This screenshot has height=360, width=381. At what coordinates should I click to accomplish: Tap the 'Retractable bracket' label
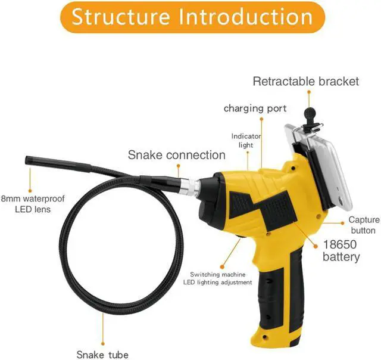coord(306,81)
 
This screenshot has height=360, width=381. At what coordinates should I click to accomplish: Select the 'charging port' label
coord(255,108)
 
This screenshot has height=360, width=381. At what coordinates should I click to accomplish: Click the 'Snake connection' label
coord(177,156)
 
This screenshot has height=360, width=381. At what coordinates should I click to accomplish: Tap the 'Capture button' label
coord(363,225)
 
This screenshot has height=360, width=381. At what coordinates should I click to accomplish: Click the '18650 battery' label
coord(341,250)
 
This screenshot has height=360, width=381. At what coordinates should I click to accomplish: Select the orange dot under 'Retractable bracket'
coord(309,92)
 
